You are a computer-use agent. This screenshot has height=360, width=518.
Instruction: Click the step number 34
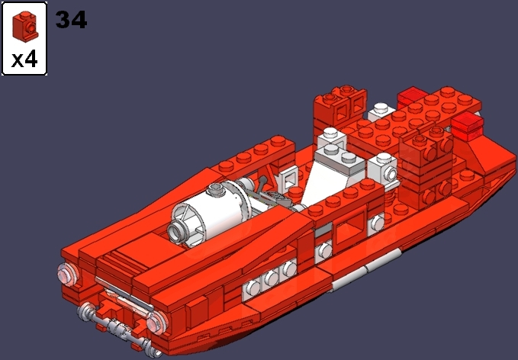pyautogui.click(x=71, y=19)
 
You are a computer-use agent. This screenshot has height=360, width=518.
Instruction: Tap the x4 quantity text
pyautogui.click(x=24, y=59)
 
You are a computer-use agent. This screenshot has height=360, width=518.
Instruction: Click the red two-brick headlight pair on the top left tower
pyautogui.click(x=335, y=102)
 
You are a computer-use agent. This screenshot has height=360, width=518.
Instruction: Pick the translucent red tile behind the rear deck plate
pyautogui.click(x=412, y=96)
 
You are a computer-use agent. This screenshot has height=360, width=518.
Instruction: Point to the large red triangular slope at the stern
pyautogui.click(x=484, y=156)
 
